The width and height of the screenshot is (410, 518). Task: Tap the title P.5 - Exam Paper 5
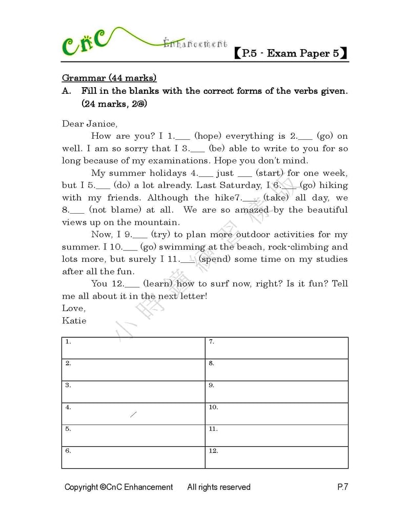point(291,53)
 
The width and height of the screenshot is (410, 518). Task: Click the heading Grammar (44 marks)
point(109,78)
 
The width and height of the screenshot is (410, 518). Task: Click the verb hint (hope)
point(208,136)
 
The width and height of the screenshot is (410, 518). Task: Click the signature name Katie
point(74,320)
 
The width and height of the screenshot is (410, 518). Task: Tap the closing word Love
point(74,308)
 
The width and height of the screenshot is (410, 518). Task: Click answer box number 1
point(133,348)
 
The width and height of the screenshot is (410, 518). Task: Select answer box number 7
point(277,348)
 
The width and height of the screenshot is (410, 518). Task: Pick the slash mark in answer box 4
point(133,414)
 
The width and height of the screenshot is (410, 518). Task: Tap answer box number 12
point(277,458)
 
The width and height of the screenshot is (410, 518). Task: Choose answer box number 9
point(277,392)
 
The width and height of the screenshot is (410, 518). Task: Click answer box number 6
point(133,458)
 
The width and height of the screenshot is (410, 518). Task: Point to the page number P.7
point(342,487)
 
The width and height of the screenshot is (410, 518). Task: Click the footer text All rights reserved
point(219,487)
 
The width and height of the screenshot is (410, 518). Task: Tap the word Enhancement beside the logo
point(195,44)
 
